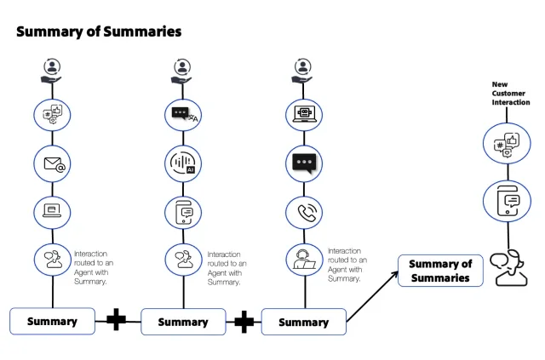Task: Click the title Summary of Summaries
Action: [99, 31]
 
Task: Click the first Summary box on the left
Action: [52, 321]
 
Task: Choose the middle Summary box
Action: [183, 322]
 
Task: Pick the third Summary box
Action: [303, 322]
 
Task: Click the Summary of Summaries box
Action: [440, 271]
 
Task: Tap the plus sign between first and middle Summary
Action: [117, 321]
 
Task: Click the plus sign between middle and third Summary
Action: [244, 321]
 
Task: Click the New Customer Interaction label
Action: [512, 93]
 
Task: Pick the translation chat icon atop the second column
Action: [183, 115]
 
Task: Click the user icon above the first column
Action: [53, 68]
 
